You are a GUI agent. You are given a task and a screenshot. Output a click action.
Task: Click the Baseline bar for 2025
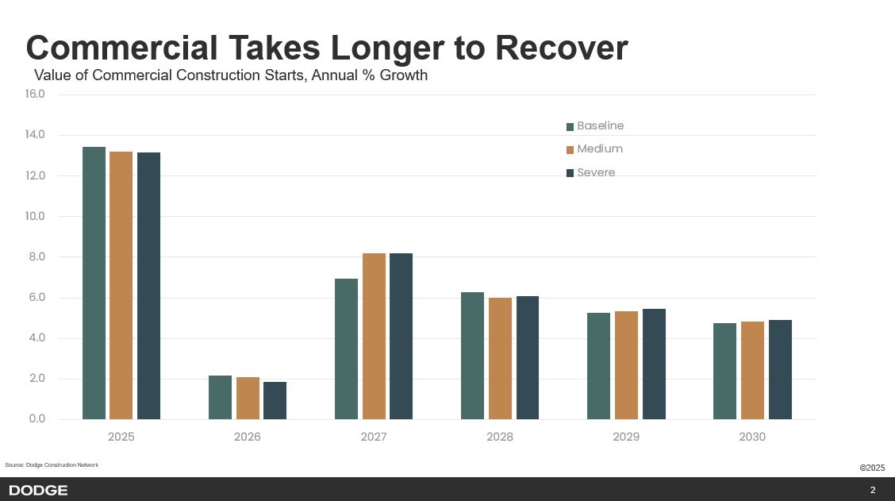[94, 283]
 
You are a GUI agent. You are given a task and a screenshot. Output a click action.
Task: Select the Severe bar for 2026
[275, 400]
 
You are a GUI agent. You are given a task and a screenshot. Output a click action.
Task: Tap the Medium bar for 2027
[374, 336]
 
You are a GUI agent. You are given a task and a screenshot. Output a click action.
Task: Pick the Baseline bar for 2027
[346, 349]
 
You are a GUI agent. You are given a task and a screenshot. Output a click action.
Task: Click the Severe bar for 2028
[528, 357]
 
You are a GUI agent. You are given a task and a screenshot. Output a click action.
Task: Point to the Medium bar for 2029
[626, 365]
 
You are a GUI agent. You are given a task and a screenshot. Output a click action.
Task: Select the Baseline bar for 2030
[724, 371]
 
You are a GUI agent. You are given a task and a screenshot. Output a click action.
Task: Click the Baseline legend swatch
[570, 126]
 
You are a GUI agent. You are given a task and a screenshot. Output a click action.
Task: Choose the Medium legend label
[600, 149]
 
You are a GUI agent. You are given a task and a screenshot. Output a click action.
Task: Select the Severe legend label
[596, 172]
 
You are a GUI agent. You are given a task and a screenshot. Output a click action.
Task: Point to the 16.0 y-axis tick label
[35, 94]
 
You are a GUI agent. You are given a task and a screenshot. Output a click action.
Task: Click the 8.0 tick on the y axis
[36, 256]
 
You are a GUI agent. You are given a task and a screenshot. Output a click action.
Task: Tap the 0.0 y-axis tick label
[36, 418]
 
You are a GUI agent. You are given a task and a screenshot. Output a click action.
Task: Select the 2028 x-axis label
[500, 437]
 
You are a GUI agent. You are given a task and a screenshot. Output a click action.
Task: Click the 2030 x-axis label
[752, 437]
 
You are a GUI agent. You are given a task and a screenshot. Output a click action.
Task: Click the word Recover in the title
[562, 48]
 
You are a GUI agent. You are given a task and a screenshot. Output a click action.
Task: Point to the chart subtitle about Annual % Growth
[231, 75]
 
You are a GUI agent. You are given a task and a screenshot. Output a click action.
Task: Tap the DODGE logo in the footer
[38, 490]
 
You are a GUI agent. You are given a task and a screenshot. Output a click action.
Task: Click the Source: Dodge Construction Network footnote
[52, 464]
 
